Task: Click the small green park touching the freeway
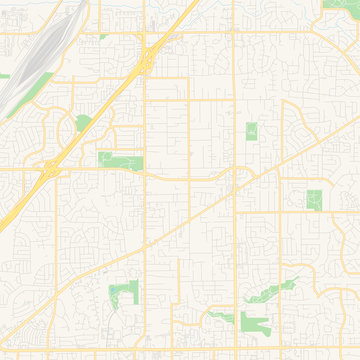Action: tap(82, 123)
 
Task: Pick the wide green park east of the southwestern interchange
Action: tap(120, 159)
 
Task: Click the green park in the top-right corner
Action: tap(340, 5)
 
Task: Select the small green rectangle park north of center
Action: tap(250, 131)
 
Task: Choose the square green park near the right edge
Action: tap(314, 199)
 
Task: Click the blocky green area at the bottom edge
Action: tap(255, 322)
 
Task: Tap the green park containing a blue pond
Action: tap(122, 293)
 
